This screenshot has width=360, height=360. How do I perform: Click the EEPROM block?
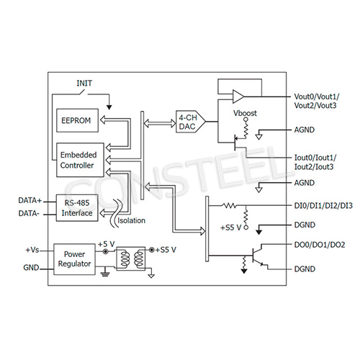click(76, 120)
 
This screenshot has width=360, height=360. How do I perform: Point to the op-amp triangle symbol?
click(237, 96)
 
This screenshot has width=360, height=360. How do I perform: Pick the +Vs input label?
click(32, 249)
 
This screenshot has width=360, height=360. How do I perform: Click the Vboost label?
click(246, 113)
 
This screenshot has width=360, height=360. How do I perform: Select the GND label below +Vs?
click(30, 266)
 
